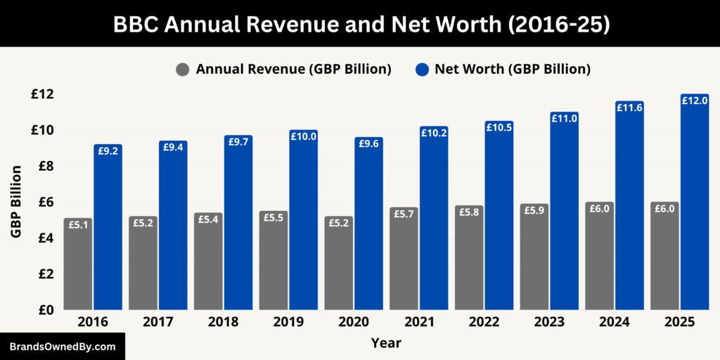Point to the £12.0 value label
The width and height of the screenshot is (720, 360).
point(694,101)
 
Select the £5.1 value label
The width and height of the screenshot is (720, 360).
point(77,225)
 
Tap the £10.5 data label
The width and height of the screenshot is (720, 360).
point(499,127)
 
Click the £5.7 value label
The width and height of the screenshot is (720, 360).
point(404,214)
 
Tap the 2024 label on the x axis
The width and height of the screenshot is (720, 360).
point(613,322)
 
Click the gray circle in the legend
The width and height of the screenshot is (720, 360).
point(183,70)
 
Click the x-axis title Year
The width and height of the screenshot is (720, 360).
point(386,343)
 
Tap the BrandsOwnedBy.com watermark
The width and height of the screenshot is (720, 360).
point(62,347)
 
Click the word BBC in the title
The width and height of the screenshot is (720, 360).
point(140,24)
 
